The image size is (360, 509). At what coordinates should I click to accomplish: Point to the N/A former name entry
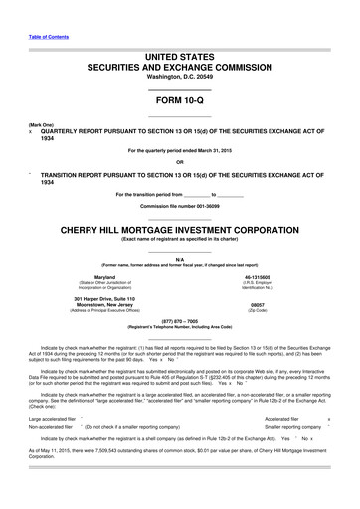179,255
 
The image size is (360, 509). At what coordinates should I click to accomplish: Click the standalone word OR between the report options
179,162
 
